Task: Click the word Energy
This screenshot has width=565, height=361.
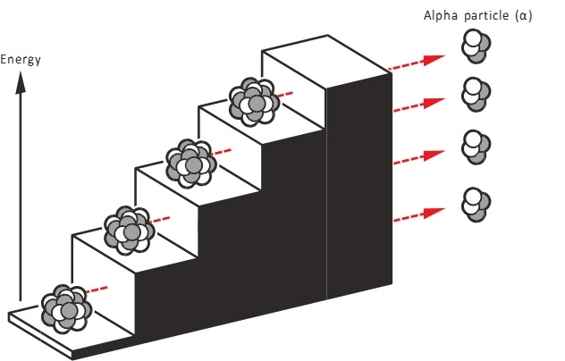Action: pos(21,60)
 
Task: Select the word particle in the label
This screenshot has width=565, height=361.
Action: pos(486,15)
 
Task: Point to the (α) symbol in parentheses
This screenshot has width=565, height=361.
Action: pos(524,15)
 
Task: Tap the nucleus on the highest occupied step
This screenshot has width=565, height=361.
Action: pos(254,101)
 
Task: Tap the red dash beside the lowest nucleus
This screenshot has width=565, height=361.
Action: pos(98,289)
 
